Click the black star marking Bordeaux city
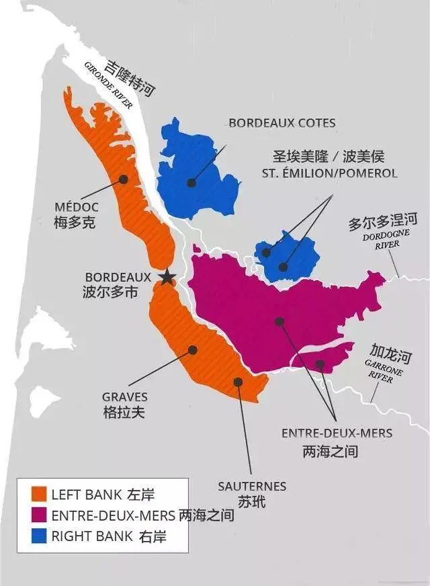(166, 276)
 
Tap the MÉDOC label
(77, 206)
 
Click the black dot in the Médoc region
(124, 179)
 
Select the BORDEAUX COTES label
(282, 123)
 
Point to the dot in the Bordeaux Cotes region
(191, 182)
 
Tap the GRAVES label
(124, 397)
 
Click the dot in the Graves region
(193, 349)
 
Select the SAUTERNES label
(252, 486)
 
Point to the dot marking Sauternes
(238, 382)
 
